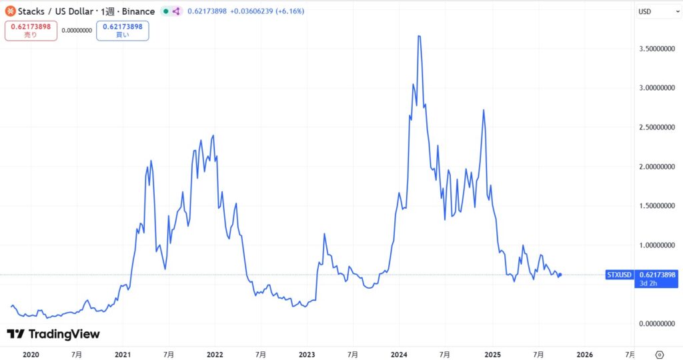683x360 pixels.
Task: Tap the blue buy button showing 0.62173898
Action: pyautogui.click(x=122, y=31)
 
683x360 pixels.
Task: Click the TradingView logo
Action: pyautogui.click(x=53, y=334)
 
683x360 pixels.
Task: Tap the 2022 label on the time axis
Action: pyautogui.click(x=215, y=355)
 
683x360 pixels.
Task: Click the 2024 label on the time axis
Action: pyautogui.click(x=399, y=355)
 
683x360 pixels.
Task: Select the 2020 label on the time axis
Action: pyautogui.click(x=31, y=355)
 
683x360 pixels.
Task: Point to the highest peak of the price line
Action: pyautogui.click(x=419, y=36)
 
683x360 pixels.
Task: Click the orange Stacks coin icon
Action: pyautogui.click(x=11, y=11)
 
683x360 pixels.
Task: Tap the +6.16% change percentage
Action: pyautogui.click(x=289, y=11)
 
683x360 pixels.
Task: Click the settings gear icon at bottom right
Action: pyautogui.click(x=660, y=354)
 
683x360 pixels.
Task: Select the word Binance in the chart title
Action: pyautogui.click(x=139, y=11)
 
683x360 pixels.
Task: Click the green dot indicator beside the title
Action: pyautogui.click(x=166, y=11)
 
